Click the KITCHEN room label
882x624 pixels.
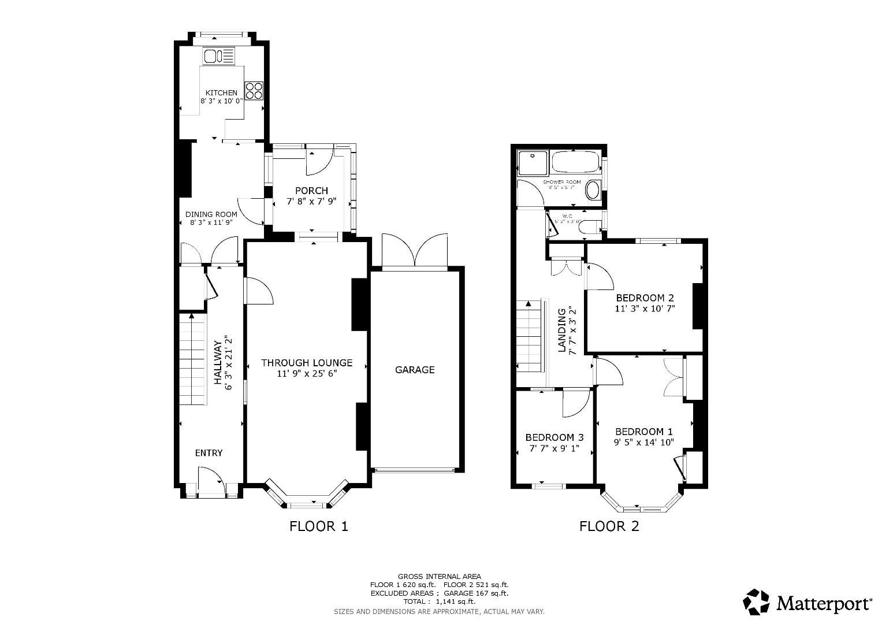[222, 92]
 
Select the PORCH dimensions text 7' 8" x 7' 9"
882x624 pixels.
[311, 202]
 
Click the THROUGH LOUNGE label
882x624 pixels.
[306, 363]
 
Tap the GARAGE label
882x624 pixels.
[414, 370]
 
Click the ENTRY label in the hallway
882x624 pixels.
[209, 453]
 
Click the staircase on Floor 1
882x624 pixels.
[192, 358]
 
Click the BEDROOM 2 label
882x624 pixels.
[645, 298]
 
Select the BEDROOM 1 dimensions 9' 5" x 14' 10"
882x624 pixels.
[644, 443]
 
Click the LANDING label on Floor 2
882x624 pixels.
[561, 330]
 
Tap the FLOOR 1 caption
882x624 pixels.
[319, 526]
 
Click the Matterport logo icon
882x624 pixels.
[757, 603]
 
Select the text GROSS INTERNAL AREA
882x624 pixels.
[439, 576]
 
